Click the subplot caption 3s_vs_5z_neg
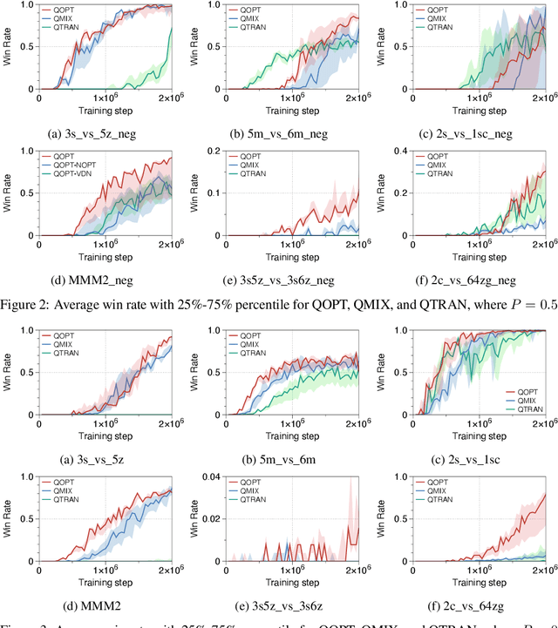pos(99,133)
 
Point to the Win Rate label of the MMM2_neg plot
pos(8,193)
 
